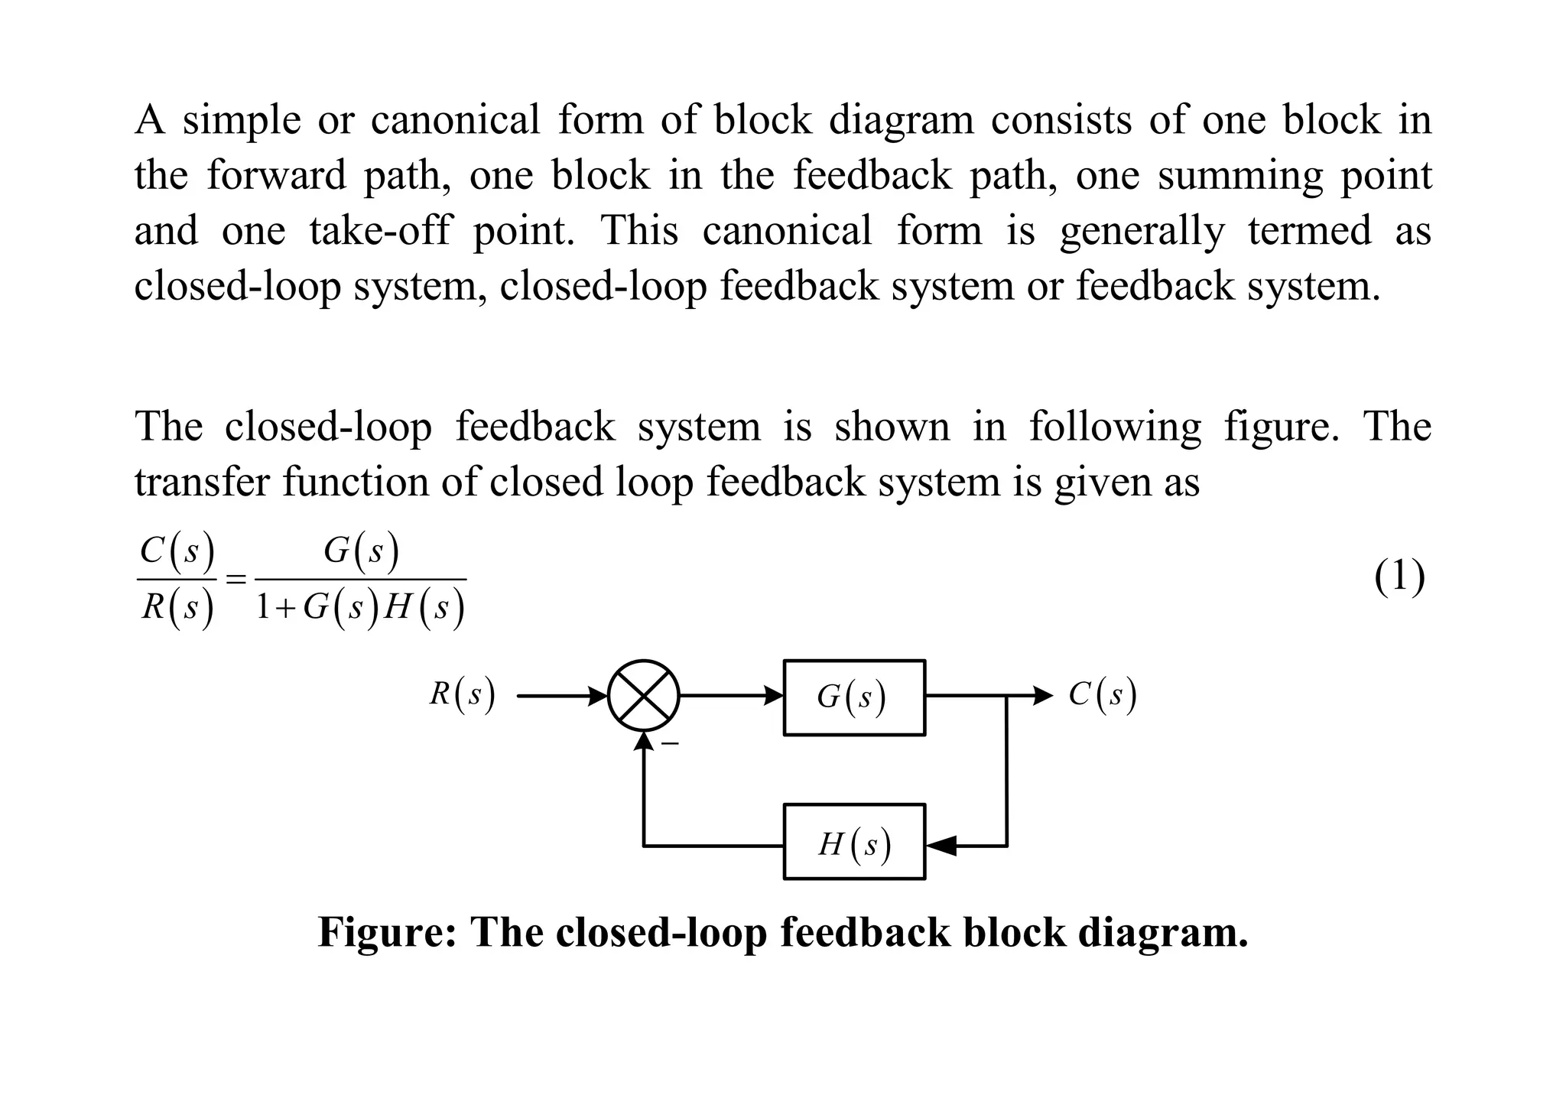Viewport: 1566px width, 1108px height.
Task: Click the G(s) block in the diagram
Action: coord(854,697)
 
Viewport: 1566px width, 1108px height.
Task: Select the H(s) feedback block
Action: coord(854,841)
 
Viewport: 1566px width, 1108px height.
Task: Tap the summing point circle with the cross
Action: coord(644,696)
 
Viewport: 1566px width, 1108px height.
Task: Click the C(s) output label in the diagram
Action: coord(1103,695)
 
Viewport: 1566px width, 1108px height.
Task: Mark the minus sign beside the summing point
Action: coord(670,743)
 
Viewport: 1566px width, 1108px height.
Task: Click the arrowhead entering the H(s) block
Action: coord(941,846)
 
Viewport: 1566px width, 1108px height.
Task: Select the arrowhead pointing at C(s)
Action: coord(1043,696)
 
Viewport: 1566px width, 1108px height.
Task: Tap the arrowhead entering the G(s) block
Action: coord(775,696)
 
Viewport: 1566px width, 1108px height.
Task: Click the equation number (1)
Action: coord(1399,577)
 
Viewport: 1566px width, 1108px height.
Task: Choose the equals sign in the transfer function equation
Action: coord(237,580)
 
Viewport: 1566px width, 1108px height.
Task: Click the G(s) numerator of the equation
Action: coord(361,551)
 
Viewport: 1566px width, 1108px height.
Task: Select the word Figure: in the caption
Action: coord(387,932)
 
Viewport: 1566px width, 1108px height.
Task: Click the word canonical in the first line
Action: coord(455,120)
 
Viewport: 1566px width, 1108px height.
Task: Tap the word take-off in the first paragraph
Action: coord(380,231)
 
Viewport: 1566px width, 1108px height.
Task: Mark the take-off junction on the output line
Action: coord(1006,696)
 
